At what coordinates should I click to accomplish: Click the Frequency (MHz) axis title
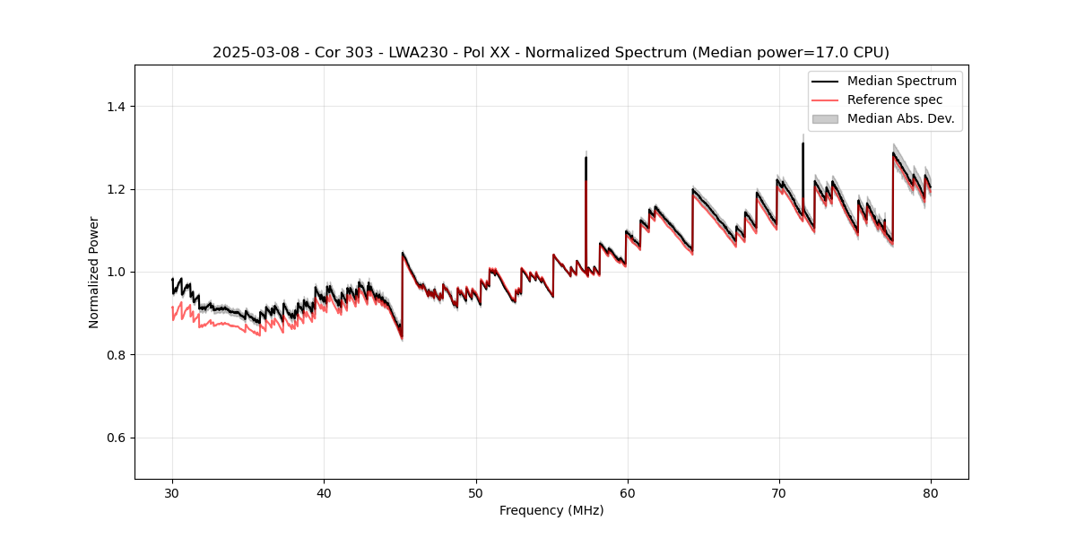coord(551,510)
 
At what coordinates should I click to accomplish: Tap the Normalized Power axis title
coord(94,272)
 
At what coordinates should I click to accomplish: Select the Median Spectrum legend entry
coord(901,81)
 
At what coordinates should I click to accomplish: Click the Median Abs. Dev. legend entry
coord(900,118)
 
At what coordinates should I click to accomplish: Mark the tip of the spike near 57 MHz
coord(586,158)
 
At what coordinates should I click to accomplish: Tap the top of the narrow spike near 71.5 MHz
coord(803,143)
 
